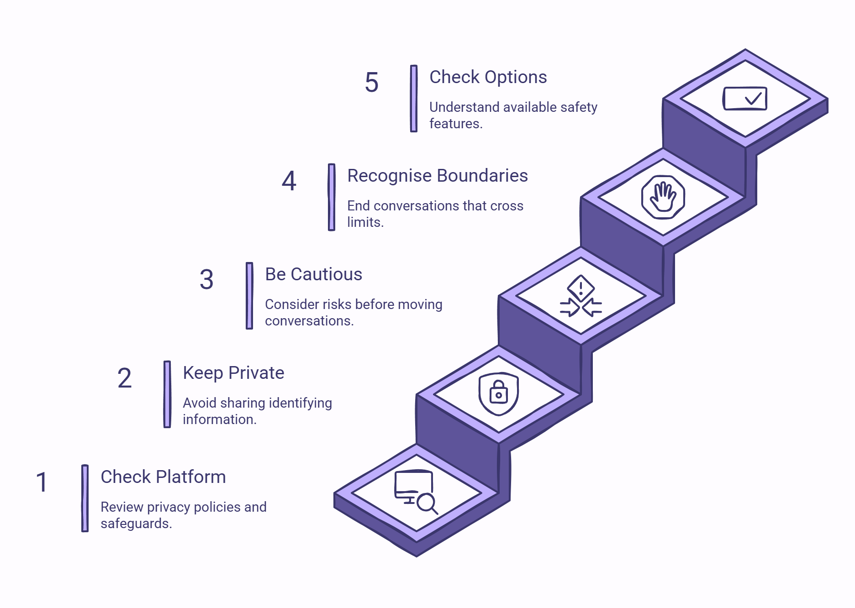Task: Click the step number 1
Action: [x=42, y=482]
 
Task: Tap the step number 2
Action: [x=124, y=378]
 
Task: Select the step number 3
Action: [x=206, y=279]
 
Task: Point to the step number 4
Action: [x=289, y=181]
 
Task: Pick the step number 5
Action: [x=372, y=82]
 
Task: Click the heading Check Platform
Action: [x=163, y=477]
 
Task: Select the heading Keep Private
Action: [x=233, y=373]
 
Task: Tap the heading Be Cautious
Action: [x=314, y=274]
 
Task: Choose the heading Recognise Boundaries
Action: [x=438, y=176]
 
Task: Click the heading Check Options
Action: [x=488, y=77]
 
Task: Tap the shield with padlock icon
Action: [x=498, y=394]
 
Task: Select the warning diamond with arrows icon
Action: [x=581, y=296]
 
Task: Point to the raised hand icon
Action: [x=663, y=197]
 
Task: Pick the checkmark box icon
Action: [x=745, y=98]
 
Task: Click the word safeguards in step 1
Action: [x=136, y=524]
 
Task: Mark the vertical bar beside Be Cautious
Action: [x=249, y=295]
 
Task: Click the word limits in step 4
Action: [x=365, y=222]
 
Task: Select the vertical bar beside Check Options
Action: [x=414, y=99]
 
